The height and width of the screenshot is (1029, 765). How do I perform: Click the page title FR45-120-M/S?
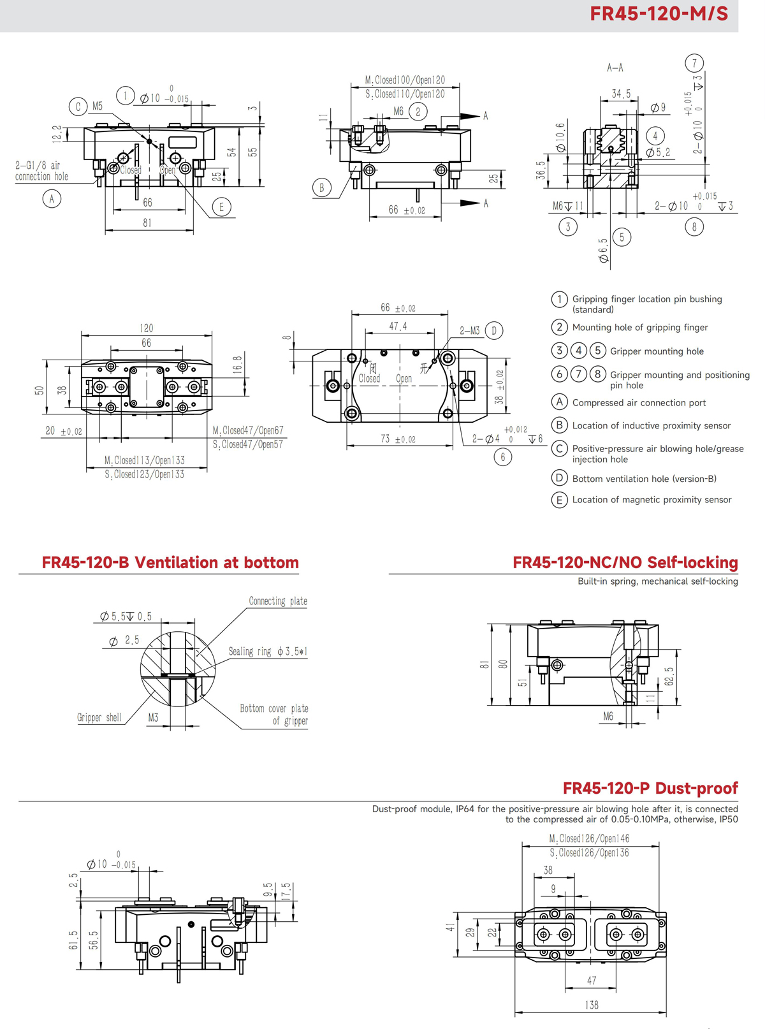[659, 14]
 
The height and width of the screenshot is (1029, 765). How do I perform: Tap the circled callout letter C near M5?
[78, 106]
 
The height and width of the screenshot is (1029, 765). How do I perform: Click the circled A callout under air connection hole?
[52, 199]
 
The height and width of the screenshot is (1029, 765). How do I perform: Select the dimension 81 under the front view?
[147, 223]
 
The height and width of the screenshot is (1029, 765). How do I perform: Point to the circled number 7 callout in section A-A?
[694, 63]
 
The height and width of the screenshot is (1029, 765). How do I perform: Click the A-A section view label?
[615, 68]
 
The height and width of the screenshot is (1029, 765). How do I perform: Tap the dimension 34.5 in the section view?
[620, 94]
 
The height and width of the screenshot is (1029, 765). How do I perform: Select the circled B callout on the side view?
[321, 187]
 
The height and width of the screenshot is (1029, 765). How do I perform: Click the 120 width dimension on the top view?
[147, 328]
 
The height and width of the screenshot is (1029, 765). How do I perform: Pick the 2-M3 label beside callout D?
[470, 331]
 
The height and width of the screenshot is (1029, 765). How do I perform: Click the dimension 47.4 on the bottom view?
[398, 326]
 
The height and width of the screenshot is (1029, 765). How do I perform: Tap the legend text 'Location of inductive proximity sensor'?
[651, 426]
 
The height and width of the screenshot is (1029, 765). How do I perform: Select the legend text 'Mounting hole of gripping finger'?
[639, 328]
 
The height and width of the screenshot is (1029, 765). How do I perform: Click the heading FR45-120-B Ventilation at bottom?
[170, 563]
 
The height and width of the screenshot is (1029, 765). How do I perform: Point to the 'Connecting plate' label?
[278, 601]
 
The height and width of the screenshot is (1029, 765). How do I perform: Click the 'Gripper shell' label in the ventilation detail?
[99, 718]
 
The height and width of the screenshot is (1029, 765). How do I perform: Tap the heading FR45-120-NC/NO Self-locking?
[625, 563]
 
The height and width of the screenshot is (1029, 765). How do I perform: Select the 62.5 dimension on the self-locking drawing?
[669, 676]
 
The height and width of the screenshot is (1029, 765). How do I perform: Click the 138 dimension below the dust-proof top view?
[591, 1005]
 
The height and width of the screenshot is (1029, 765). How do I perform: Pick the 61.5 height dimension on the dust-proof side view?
[73, 940]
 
